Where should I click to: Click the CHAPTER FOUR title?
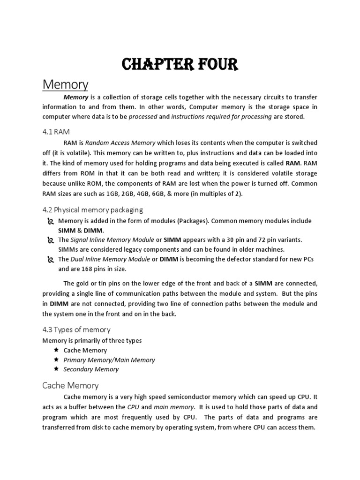[x=180, y=64]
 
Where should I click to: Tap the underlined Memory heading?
[x=65, y=85]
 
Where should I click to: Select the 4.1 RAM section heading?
[x=56, y=132]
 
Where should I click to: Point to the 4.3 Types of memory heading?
[x=76, y=330]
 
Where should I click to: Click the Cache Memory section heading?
[x=70, y=385]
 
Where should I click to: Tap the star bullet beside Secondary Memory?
[x=56, y=369]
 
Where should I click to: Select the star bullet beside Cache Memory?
[x=56, y=350]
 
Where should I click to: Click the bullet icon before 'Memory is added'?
[x=51, y=221]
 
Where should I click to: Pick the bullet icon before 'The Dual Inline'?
[x=51, y=260]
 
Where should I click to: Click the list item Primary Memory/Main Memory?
[x=109, y=360]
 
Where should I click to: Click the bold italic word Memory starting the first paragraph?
[x=75, y=97]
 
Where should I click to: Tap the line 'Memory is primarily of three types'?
[x=92, y=341]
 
